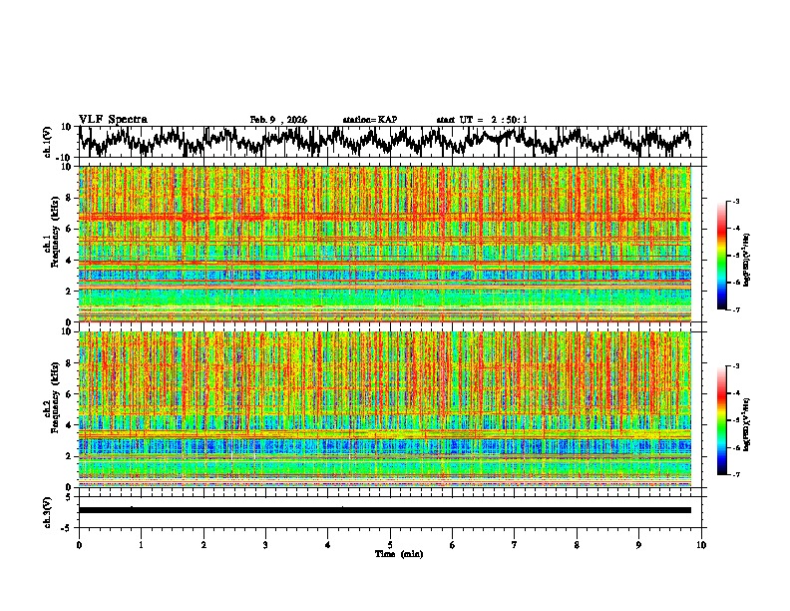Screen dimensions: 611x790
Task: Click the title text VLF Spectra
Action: coord(113,119)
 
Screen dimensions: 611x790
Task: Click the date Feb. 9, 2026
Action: coord(278,120)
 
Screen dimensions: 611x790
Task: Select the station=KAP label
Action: coord(369,120)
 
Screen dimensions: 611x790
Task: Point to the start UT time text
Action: coord(482,120)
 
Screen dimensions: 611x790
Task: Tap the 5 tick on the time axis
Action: coord(390,544)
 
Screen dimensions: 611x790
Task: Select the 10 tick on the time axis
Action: coord(701,544)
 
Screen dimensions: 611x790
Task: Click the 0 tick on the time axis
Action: coord(79,544)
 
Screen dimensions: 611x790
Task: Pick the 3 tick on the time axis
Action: coord(265,544)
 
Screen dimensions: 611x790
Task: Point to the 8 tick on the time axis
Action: coord(577,544)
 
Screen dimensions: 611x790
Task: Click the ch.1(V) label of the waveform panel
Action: coord(48,142)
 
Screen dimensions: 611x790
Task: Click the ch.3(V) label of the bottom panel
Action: coord(48,510)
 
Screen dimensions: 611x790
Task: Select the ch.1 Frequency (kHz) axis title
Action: coord(50,245)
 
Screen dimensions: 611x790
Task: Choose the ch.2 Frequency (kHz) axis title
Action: coord(50,409)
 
